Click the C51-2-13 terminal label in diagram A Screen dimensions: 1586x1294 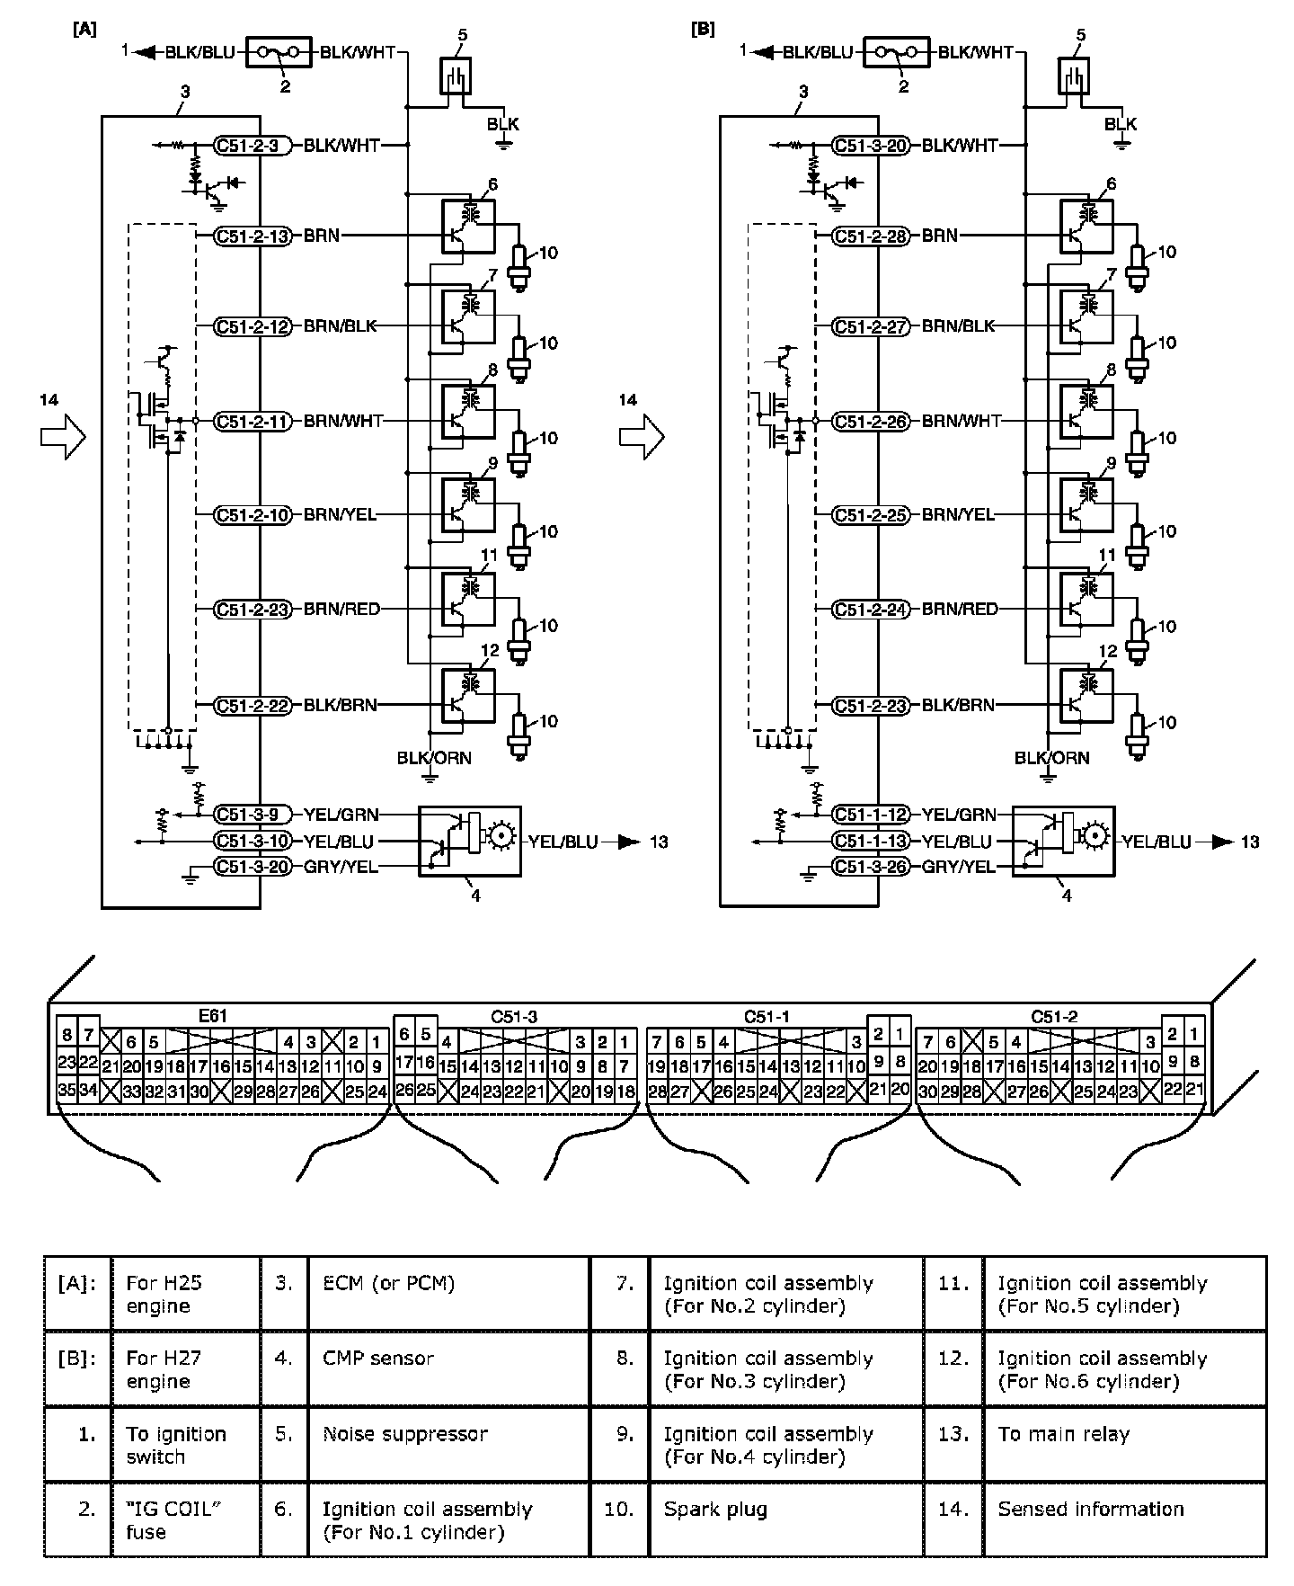click(x=253, y=236)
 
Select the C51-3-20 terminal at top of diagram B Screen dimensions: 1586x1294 click(x=871, y=145)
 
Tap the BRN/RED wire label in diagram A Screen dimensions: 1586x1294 click(x=341, y=609)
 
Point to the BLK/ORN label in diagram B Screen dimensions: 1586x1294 click(x=1051, y=758)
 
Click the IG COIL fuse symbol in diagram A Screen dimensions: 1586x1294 click(x=279, y=52)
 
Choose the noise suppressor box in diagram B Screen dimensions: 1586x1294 click(x=1072, y=76)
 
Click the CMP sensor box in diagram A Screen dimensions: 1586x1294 click(x=470, y=841)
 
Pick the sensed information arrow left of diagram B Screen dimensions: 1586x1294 click(x=642, y=438)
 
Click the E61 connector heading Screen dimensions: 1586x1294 click(x=212, y=1016)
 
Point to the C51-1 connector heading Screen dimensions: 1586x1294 click(x=767, y=1017)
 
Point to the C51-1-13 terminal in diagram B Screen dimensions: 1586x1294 click(x=871, y=842)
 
